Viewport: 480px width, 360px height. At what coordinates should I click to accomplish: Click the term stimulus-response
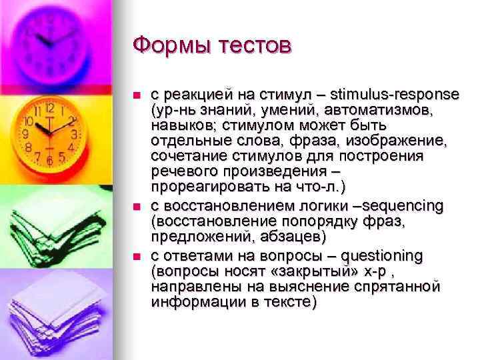pyautogui.click(x=397, y=94)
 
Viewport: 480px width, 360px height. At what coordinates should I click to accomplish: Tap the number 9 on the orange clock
pyautogui.click(x=25, y=133)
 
